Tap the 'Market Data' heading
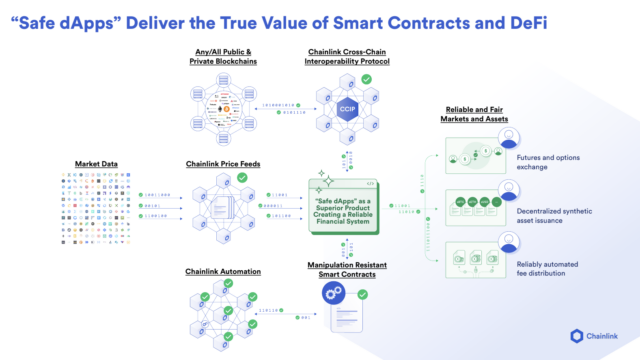click(97, 163)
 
